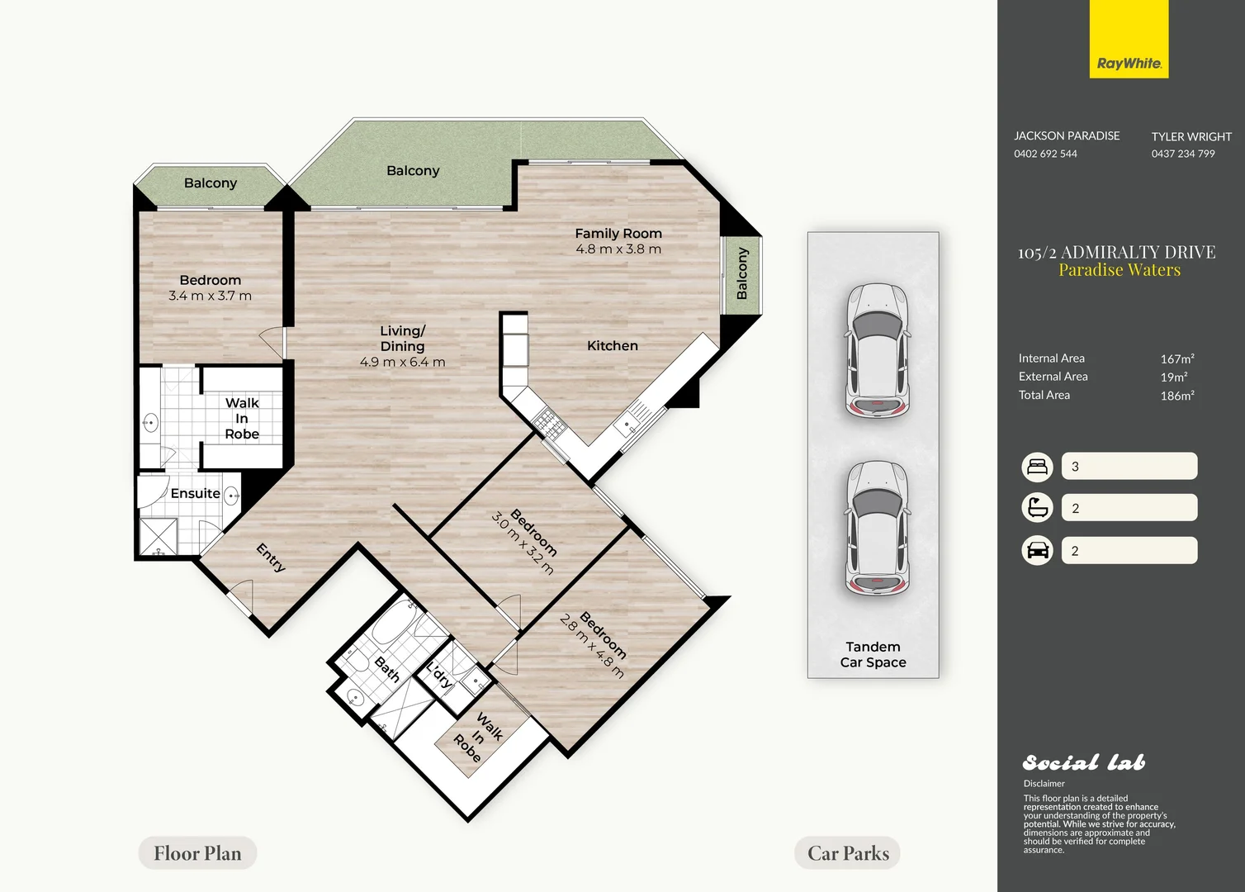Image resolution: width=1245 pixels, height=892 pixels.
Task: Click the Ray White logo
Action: tap(1129, 39)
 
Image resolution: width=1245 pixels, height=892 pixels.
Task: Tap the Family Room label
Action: tap(618, 234)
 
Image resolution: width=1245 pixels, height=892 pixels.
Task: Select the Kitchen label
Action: tap(613, 346)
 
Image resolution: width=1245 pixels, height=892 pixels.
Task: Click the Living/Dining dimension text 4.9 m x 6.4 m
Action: tap(402, 362)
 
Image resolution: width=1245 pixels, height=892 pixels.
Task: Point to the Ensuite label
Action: tap(195, 493)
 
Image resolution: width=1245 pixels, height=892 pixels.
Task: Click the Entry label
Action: tap(271, 557)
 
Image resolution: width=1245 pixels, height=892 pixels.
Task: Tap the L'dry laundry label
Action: tap(439, 675)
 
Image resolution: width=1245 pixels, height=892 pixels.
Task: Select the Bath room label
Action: tap(387, 670)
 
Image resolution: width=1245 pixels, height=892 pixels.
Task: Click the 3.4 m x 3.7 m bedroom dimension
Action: tap(210, 296)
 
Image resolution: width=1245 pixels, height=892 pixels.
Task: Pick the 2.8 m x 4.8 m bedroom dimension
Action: tap(591, 646)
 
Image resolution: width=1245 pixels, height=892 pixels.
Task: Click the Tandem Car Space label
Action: tap(873, 654)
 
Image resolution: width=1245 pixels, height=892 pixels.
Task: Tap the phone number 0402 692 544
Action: tap(1045, 154)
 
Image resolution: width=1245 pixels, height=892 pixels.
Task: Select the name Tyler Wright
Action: tap(1191, 136)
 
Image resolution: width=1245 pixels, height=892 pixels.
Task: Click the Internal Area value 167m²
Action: tap(1177, 359)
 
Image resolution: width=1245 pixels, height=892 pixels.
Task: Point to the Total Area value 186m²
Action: tap(1177, 396)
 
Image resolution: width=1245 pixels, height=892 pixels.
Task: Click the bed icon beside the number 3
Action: tap(1037, 467)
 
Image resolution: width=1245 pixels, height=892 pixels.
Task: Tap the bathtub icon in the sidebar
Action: tap(1037, 508)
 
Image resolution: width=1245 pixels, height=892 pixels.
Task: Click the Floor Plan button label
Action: tap(197, 853)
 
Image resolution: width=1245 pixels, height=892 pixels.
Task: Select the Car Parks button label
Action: tap(848, 853)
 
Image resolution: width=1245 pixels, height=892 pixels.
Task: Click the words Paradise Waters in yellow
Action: tap(1120, 270)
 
